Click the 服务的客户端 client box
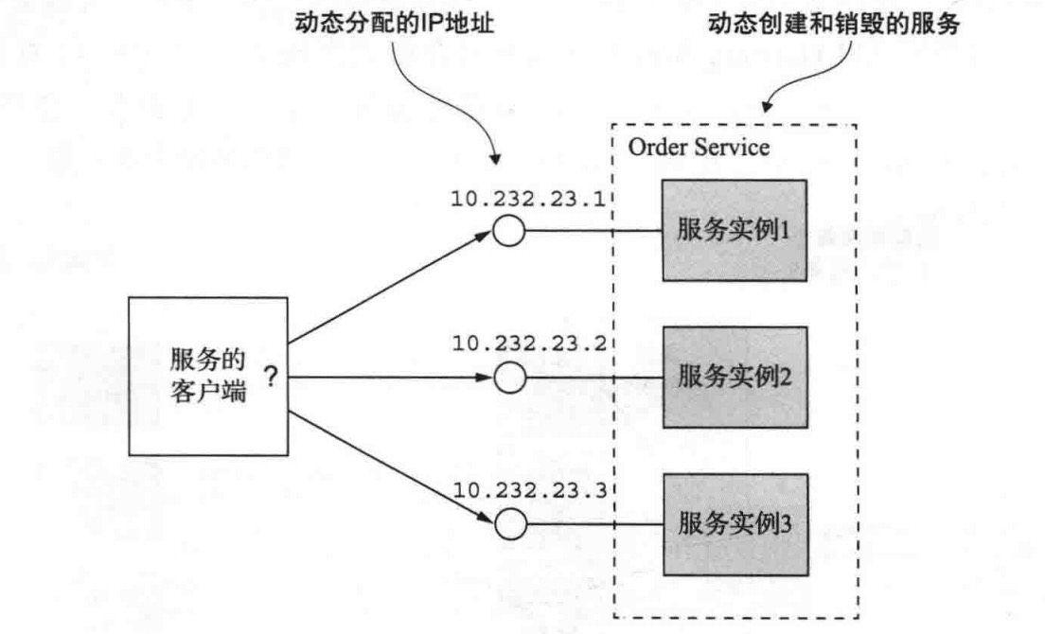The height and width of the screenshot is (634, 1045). coord(207,377)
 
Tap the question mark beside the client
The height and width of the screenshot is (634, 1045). coord(271,377)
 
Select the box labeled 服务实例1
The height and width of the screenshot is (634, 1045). coord(734,230)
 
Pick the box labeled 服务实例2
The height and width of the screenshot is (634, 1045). coord(734,377)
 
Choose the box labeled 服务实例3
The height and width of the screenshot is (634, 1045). coord(734,522)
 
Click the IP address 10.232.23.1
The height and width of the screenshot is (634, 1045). coord(534,199)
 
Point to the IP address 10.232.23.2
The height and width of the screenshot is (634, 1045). coord(534,344)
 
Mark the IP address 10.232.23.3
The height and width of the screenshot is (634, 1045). coord(534,490)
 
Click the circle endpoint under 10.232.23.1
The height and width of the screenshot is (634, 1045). coord(509,231)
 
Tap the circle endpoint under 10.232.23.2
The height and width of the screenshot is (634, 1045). coord(509,377)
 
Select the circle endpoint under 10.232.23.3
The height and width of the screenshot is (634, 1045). coord(509,522)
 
